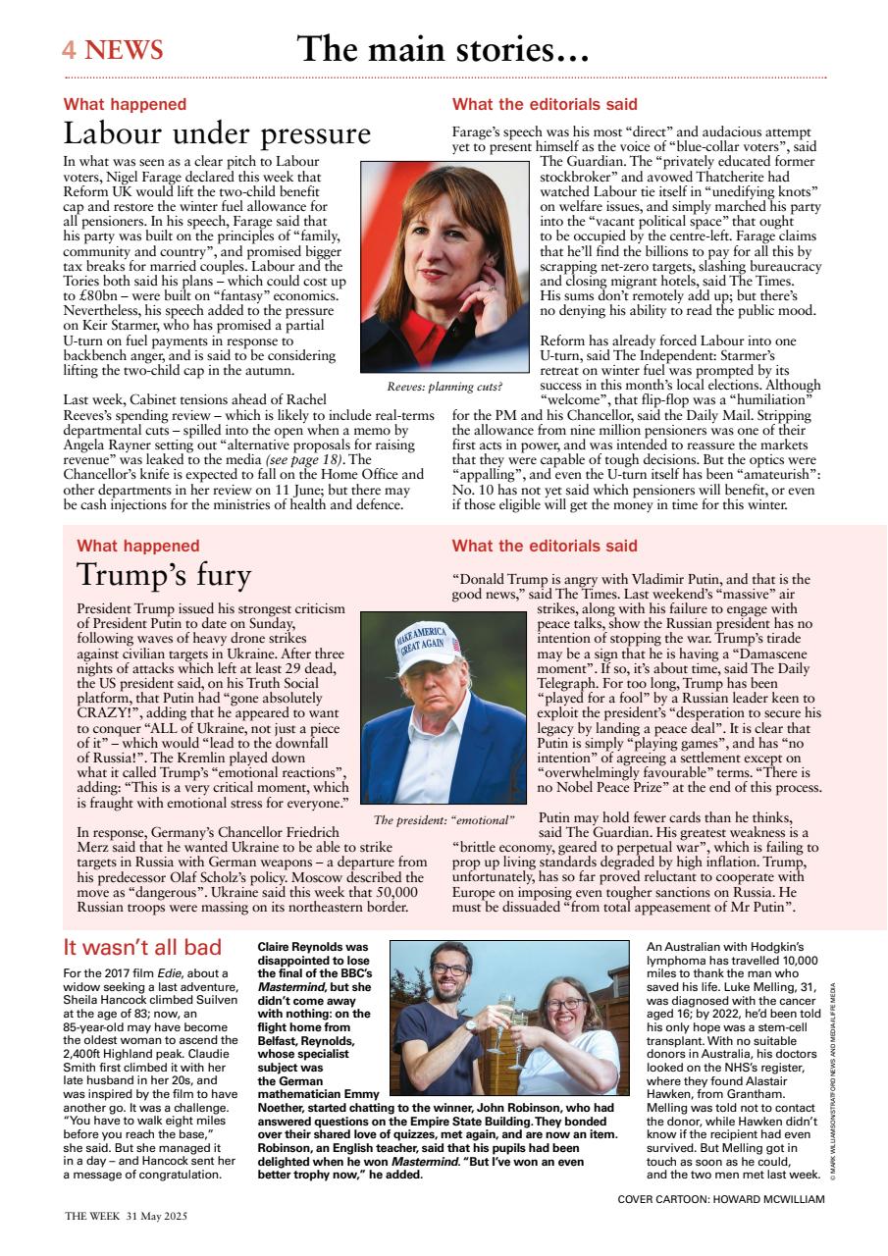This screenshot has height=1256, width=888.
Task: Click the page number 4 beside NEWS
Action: pos(70,50)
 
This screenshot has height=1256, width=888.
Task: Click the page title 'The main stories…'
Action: pos(443,49)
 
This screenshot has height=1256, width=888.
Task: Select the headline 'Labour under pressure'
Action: pos(217,132)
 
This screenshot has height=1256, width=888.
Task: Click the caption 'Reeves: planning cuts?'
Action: pos(444,387)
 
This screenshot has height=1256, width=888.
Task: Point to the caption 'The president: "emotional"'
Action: pos(444,819)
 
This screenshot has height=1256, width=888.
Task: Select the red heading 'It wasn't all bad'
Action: pos(142,947)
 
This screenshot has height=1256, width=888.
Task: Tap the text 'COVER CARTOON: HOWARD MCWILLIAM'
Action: pos(721,1199)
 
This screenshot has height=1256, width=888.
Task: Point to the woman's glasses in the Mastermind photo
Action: pos(566,1004)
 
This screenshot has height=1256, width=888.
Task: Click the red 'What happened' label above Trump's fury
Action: pos(137,546)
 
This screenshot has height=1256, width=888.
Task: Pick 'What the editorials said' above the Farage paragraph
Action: pos(545,104)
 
